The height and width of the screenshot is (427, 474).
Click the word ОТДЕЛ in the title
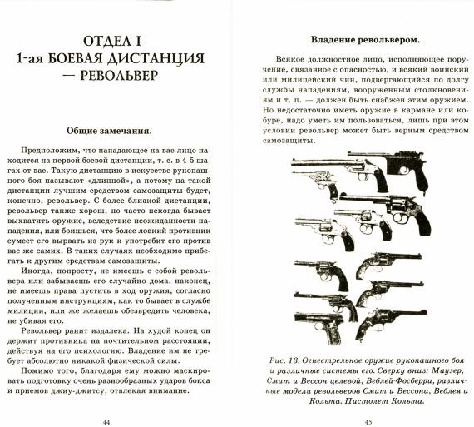(x=106, y=41)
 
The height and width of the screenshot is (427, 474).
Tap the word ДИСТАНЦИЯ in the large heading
(x=156, y=58)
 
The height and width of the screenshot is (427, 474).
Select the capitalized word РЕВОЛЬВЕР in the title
(x=119, y=76)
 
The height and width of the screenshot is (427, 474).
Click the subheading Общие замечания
(x=109, y=131)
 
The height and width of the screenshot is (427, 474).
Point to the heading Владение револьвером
(x=365, y=40)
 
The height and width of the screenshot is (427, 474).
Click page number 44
(x=106, y=422)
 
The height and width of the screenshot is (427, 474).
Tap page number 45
(x=368, y=422)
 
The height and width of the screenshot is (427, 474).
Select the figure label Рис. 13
(x=284, y=360)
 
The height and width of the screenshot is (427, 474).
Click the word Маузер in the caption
(x=447, y=370)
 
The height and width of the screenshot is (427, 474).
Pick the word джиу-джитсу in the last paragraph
(x=77, y=390)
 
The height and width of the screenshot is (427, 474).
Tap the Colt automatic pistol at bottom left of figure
(x=319, y=328)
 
